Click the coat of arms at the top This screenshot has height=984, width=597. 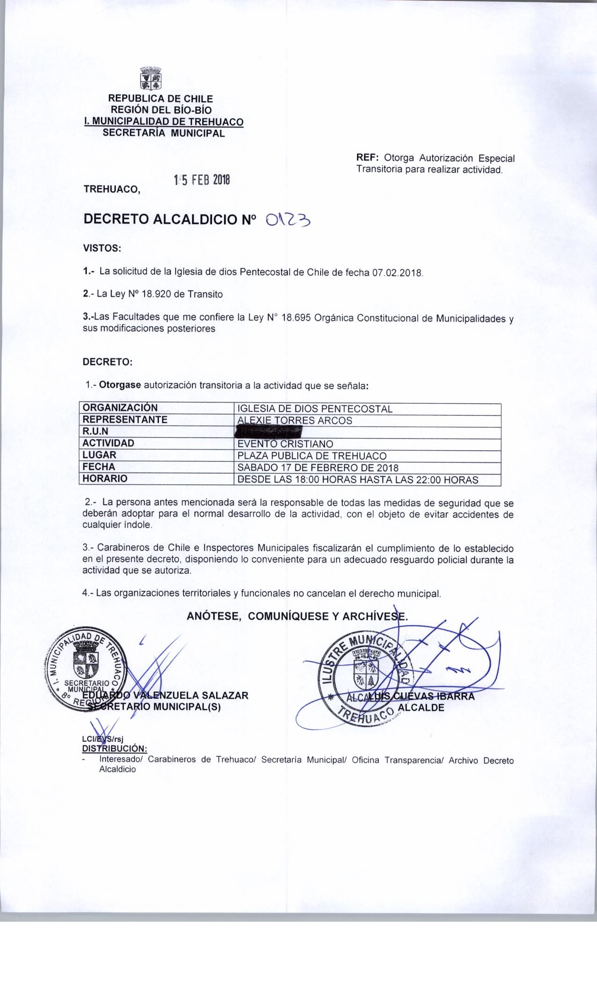tap(150, 79)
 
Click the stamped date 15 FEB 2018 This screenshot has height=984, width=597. tap(202, 180)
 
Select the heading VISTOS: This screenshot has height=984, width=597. tap(102, 248)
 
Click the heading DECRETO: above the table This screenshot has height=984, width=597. tap(107, 362)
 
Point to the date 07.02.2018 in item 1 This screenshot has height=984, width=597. tap(398, 272)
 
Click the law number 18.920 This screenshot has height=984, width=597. tap(156, 294)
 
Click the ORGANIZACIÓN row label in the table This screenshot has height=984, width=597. tap(120, 408)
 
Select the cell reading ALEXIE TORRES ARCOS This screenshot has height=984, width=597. tap(295, 420)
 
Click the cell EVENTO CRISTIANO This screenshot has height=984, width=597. tap(286, 443)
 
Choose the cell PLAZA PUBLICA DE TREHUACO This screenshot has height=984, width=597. tap(312, 455)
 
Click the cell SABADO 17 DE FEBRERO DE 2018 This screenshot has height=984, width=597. tap(318, 467)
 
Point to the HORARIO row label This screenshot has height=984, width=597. tap(105, 479)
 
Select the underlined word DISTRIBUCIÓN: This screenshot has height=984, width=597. tap(115, 748)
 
